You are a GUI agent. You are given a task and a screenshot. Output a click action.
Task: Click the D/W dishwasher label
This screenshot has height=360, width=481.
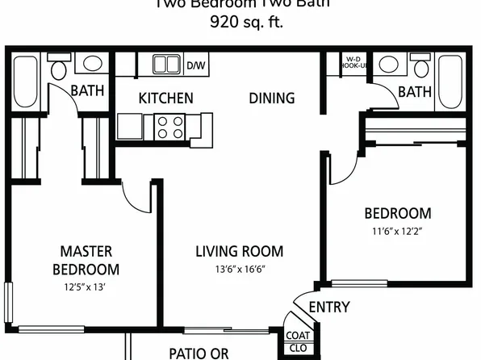[x=196, y=65]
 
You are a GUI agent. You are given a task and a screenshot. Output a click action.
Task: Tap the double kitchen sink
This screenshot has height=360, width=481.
[x=167, y=64]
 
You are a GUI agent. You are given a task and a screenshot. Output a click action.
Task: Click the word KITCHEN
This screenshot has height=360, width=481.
[x=166, y=98]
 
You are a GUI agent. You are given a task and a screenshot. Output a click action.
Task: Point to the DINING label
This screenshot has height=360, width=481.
[x=271, y=98]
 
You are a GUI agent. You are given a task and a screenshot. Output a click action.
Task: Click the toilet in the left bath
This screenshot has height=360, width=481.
[x=59, y=69]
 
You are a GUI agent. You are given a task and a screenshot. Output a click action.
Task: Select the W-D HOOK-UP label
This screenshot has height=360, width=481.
[x=353, y=62]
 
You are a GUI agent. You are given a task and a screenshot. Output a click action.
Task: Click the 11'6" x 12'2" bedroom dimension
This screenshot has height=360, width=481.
[x=397, y=231]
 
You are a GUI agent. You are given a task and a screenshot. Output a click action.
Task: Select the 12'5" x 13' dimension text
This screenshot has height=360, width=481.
[x=85, y=287]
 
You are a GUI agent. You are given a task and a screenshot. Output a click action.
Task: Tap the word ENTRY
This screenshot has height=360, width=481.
[x=329, y=307]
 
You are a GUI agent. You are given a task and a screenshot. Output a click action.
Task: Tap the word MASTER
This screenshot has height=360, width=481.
[x=86, y=251]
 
